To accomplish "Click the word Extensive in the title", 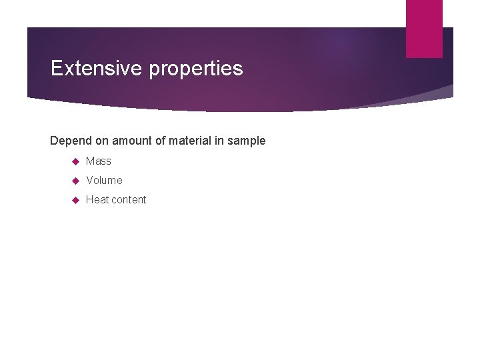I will tap(96, 68).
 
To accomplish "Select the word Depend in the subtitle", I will tap(70, 141).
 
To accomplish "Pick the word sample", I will tap(248, 141).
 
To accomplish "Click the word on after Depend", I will tap(101, 141).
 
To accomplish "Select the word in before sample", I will tap(221, 141).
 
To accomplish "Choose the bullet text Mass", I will tap(99, 161).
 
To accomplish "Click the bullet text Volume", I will tap(104, 180).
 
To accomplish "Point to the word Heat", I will tap(97, 199).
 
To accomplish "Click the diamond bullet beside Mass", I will tap(75, 161).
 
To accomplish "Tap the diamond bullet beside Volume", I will tap(75, 181).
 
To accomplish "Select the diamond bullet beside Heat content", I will tap(75, 200).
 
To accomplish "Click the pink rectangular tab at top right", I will tap(424, 28).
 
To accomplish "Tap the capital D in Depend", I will tap(54, 141).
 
